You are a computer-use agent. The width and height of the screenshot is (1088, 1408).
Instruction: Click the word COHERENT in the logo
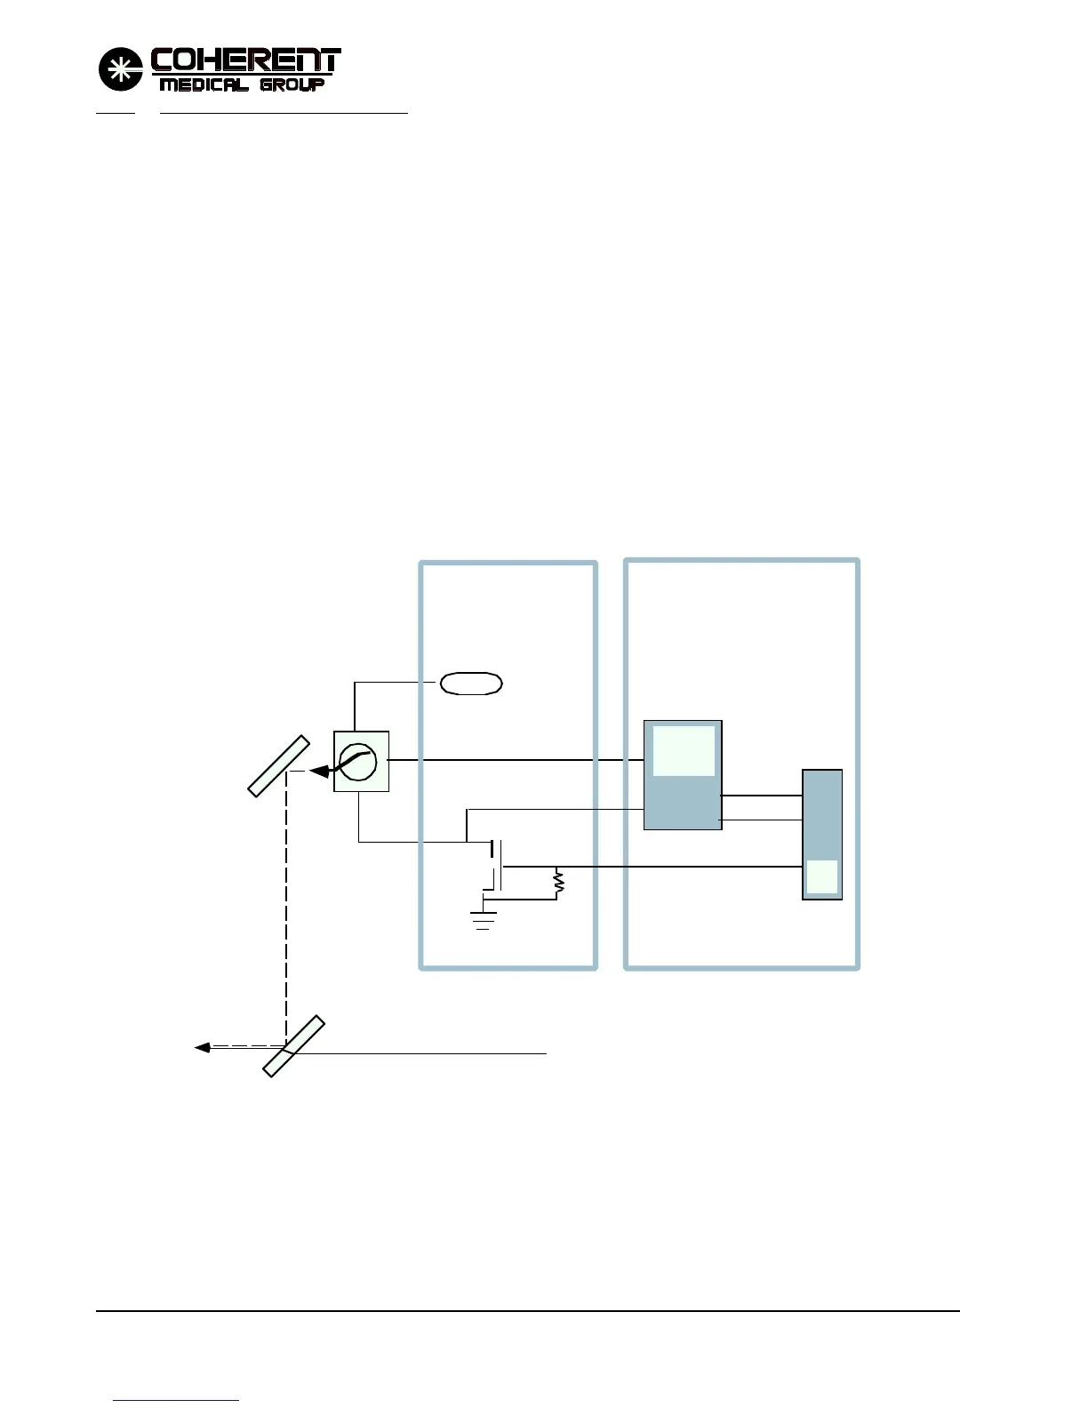245,60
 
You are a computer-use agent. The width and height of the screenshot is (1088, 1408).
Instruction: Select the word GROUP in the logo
292,85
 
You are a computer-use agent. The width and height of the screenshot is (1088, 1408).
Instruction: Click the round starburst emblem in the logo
120,69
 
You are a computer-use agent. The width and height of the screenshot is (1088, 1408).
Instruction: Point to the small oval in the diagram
471,683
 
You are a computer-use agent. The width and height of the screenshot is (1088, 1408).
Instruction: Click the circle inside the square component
358,762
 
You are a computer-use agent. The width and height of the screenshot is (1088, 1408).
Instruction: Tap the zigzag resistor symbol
559,882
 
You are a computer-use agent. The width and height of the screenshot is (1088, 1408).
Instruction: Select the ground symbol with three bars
484,919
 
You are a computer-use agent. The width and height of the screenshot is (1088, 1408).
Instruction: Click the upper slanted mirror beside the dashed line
279,766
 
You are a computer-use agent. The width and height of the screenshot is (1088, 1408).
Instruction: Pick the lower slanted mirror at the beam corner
292,1046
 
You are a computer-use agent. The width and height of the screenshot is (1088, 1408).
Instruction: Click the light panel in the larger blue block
684,751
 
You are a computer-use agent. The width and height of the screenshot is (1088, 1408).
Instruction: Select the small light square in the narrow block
821,876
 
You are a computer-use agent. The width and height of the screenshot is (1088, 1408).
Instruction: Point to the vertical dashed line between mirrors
286,907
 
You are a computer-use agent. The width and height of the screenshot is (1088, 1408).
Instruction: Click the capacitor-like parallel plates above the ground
497,864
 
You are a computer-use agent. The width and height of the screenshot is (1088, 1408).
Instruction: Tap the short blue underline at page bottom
176,1400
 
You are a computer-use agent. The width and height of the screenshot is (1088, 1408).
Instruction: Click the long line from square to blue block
516,760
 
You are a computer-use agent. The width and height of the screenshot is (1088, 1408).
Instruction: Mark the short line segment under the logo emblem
115,114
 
